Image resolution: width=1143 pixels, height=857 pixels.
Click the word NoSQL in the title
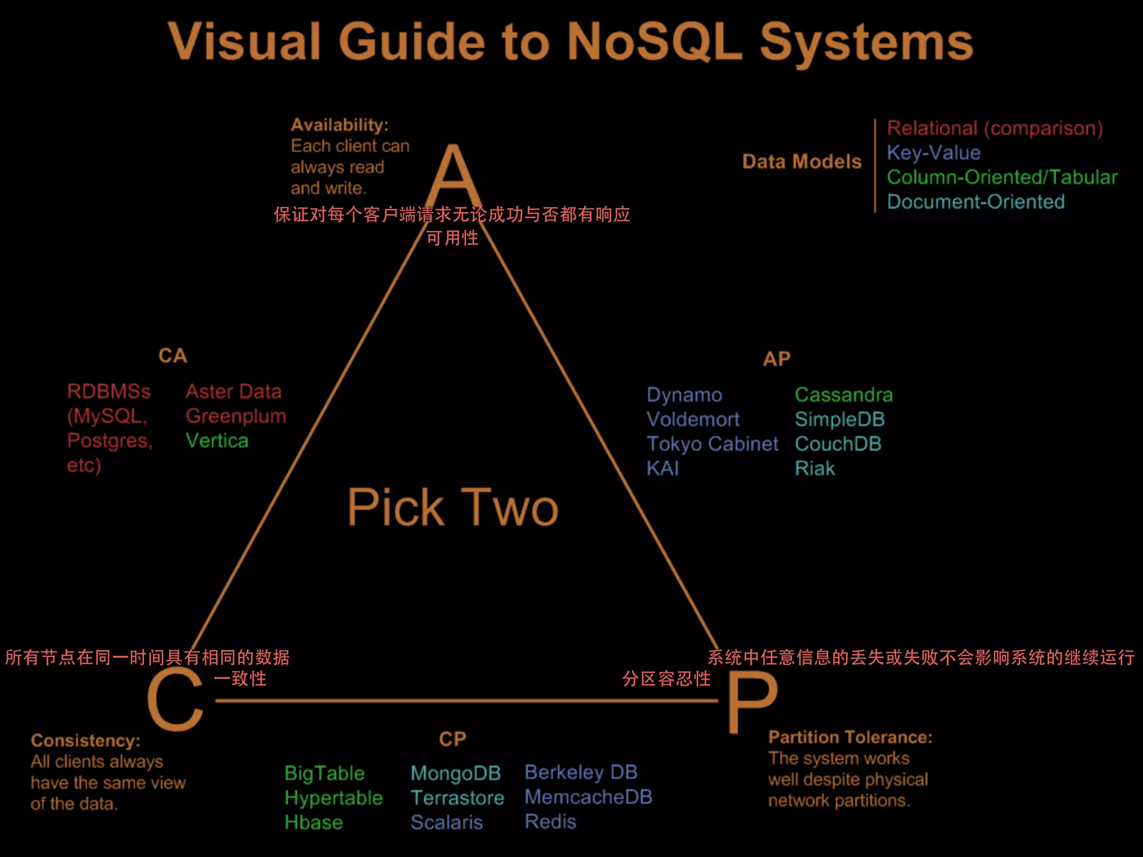[654, 42]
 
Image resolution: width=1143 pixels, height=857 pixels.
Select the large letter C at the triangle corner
[175, 700]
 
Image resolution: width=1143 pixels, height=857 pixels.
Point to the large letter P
[752, 703]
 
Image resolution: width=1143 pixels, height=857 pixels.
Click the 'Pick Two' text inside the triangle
[453, 507]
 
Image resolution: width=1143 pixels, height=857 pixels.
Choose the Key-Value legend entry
[933, 153]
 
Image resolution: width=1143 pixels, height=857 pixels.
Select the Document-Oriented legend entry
[976, 202]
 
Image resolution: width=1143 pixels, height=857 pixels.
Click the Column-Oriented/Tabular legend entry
[1002, 177]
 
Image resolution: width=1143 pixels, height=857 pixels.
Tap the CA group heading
[172, 356]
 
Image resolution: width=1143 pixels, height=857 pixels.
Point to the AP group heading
[776, 359]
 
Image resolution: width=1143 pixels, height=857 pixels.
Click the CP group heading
[452, 739]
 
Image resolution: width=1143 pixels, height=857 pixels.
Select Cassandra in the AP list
[843, 395]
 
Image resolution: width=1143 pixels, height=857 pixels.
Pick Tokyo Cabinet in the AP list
[712, 444]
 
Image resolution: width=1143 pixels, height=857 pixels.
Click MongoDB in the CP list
[455, 773]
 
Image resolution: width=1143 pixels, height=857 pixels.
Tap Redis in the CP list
[550, 822]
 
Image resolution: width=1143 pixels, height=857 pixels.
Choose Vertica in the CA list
[217, 441]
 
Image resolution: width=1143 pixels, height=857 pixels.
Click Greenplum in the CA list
[236, 416]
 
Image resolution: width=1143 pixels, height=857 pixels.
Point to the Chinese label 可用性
[452, 238]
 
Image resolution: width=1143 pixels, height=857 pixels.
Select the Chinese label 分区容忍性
[666, 679]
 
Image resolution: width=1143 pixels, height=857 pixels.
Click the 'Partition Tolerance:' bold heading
[850, 738]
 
